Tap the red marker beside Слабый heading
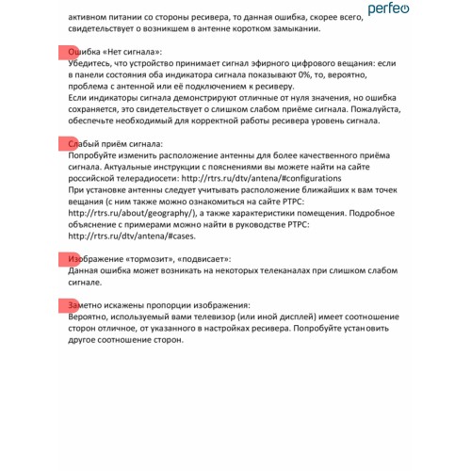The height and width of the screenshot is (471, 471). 66,141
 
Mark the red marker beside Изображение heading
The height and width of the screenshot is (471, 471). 66,257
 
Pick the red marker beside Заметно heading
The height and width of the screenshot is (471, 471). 66,305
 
